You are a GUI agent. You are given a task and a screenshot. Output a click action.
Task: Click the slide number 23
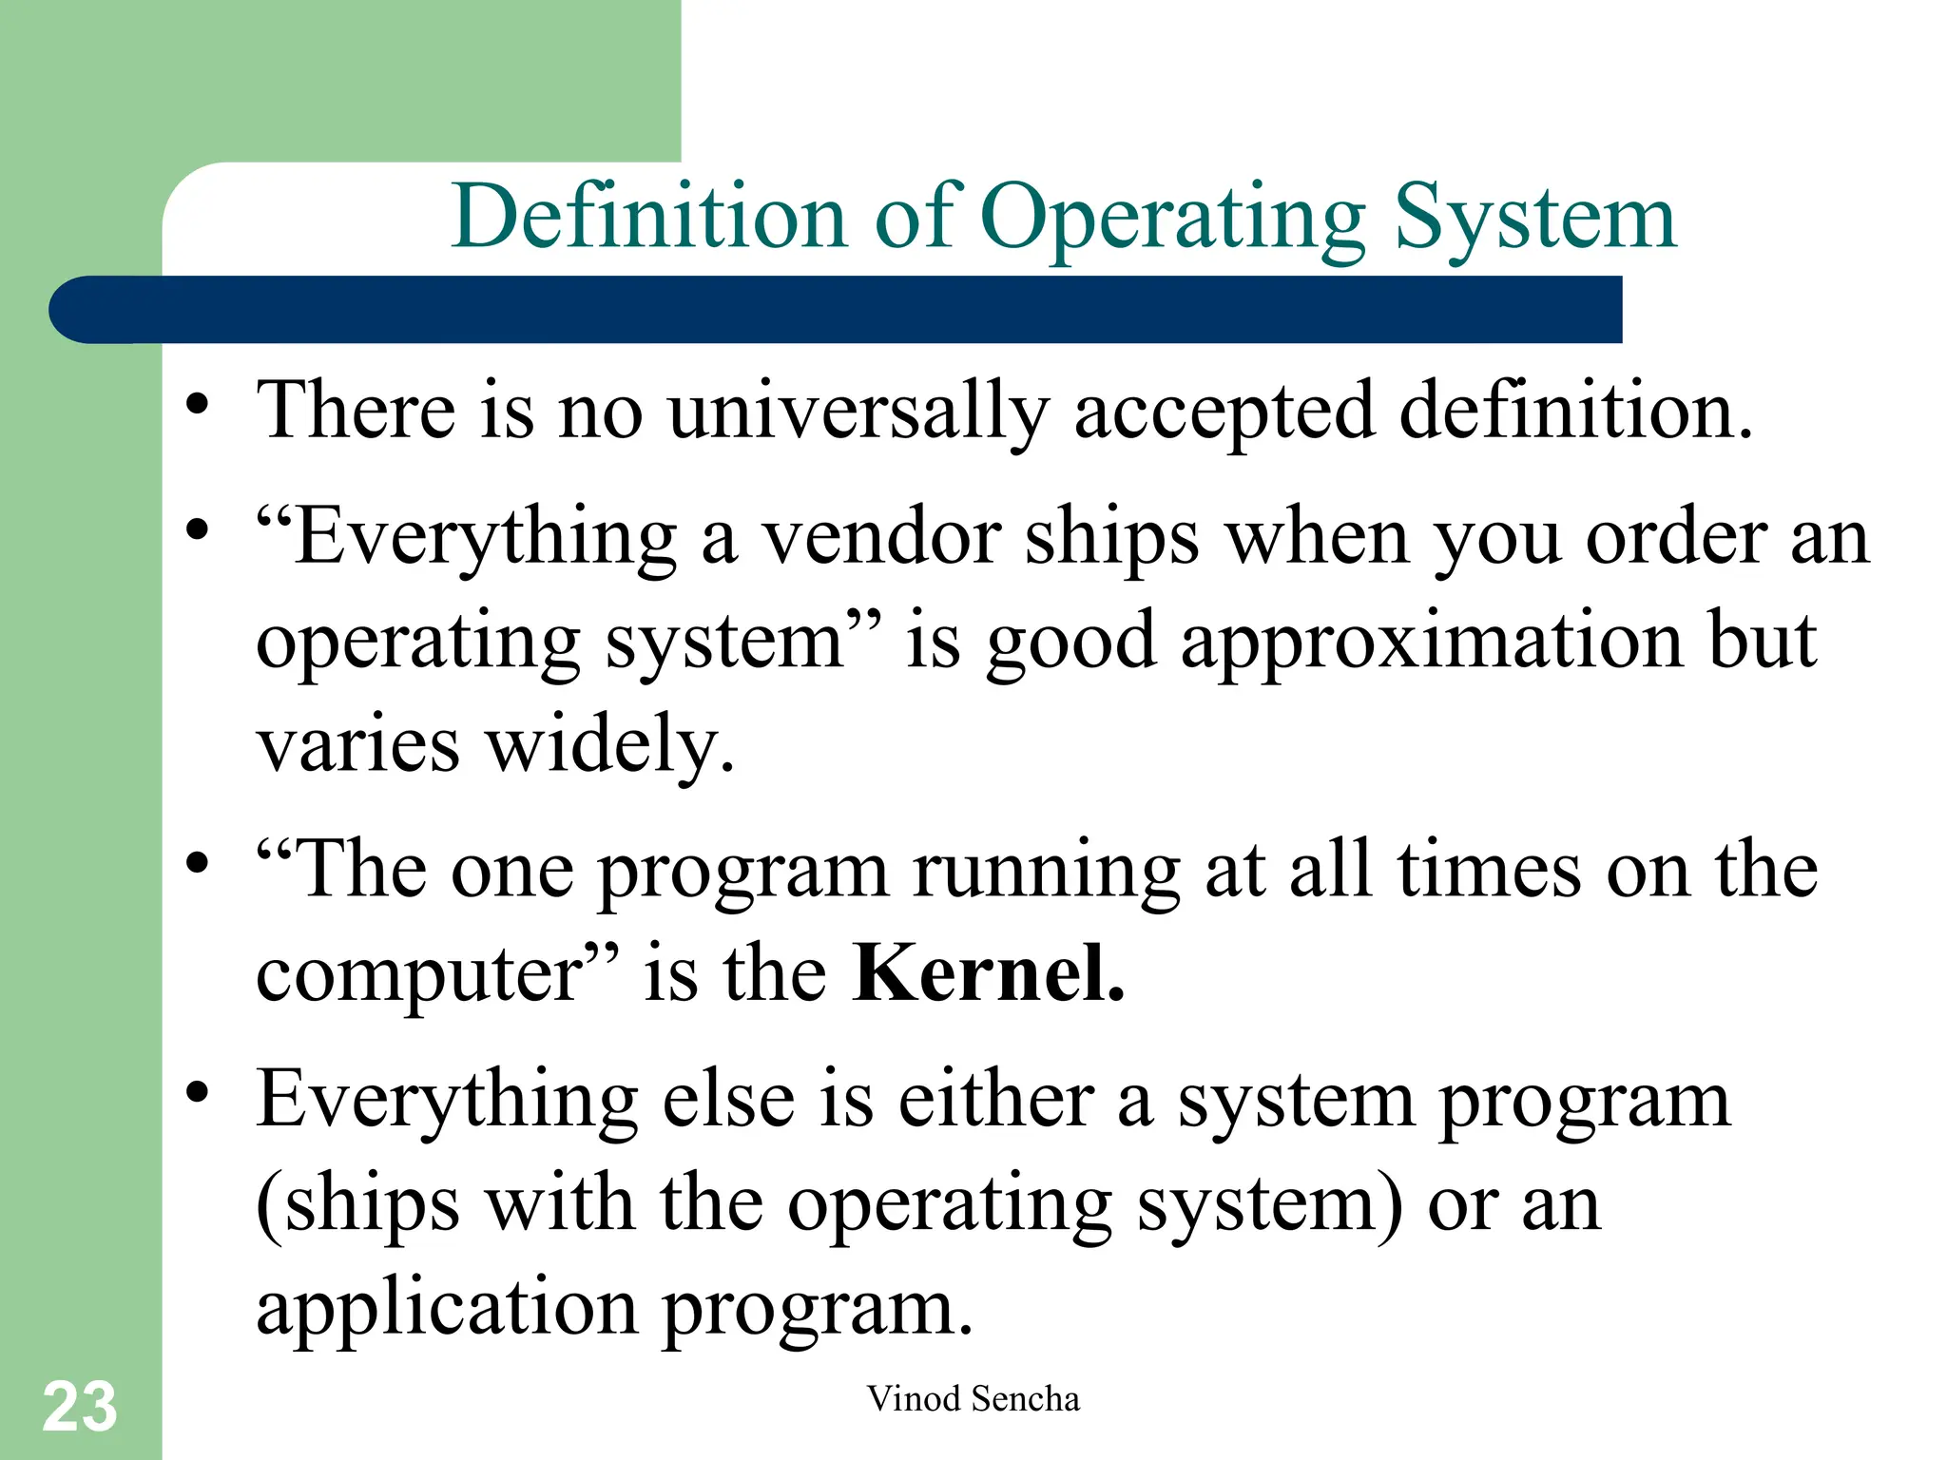80,1407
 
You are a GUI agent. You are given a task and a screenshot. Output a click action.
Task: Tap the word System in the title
1534,219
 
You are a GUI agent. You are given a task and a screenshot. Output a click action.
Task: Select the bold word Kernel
989,973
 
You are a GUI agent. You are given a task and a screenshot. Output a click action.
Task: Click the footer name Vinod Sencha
973,1398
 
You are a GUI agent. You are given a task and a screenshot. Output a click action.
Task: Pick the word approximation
1431,642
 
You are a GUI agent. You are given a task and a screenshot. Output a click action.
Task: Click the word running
1047,870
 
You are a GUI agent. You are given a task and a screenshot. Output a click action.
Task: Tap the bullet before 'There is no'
197,405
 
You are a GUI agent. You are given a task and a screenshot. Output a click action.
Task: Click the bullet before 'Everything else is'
197,1092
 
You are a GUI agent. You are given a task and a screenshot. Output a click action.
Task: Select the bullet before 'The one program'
197,863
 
